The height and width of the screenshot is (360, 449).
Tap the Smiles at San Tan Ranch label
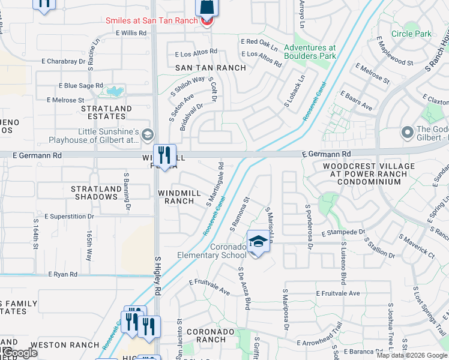click(151, 20)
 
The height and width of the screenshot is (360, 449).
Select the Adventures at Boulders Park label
click(310, 52)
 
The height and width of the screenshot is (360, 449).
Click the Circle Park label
click(411, 34)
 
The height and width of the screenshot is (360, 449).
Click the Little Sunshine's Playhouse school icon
click(147, 135)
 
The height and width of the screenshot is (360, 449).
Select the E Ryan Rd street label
click(64, 274)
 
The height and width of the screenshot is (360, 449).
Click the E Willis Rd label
click(131, 33)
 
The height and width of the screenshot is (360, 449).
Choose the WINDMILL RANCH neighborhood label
click(184, 197)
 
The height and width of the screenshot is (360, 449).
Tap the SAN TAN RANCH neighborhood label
click(210, 68)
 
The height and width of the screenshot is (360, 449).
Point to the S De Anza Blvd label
click(243, 288)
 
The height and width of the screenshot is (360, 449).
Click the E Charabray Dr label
click(64, 61)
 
